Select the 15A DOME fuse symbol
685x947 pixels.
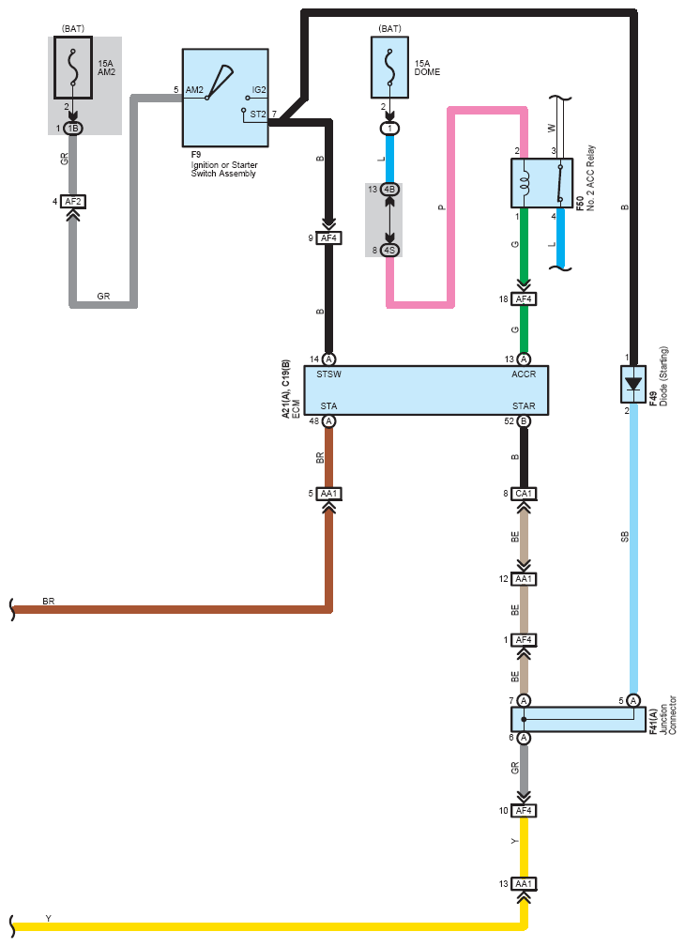pos(389,68)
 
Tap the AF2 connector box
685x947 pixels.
pos(73,201)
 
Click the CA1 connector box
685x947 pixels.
pos(524,494)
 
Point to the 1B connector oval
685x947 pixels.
pos(73,128)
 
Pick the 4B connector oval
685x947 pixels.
pos(390,190)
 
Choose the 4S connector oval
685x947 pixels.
pos(390,251)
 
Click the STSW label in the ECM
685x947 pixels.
pos(328,374)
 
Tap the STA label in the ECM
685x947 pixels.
pos(327,405)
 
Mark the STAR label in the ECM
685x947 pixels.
pos(523,405)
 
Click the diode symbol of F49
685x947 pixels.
pos(633,383)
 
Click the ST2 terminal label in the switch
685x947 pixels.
pos(257,114)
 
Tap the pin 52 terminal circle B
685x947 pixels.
pos(524,420)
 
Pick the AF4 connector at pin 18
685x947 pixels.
pos(524,298)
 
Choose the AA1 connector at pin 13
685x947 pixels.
pos(524,884)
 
